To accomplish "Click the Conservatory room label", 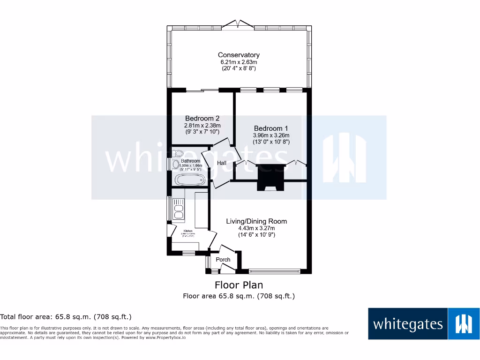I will pos(239,55).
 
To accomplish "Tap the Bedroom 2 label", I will pos(202,119).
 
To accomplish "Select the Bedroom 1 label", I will pos(271,128).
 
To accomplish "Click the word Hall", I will pos(222,163).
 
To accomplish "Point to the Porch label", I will pos(223,260).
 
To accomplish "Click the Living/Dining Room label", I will pos(256,221).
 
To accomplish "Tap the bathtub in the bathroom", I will pos(189,180).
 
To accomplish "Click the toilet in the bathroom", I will pos(178,153).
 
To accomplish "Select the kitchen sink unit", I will pos(179,209).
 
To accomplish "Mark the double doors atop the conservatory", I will pos(239,23).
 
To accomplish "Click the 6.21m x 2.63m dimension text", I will pos(239,62).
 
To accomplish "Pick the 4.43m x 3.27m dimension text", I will pos(256,228).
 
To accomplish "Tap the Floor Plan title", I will pos(239,285).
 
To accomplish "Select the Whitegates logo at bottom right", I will pos(423,323).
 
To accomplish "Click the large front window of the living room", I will pos(274,270).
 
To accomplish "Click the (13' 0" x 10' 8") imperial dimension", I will pos(271,142).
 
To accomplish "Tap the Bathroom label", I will pos(190,161).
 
